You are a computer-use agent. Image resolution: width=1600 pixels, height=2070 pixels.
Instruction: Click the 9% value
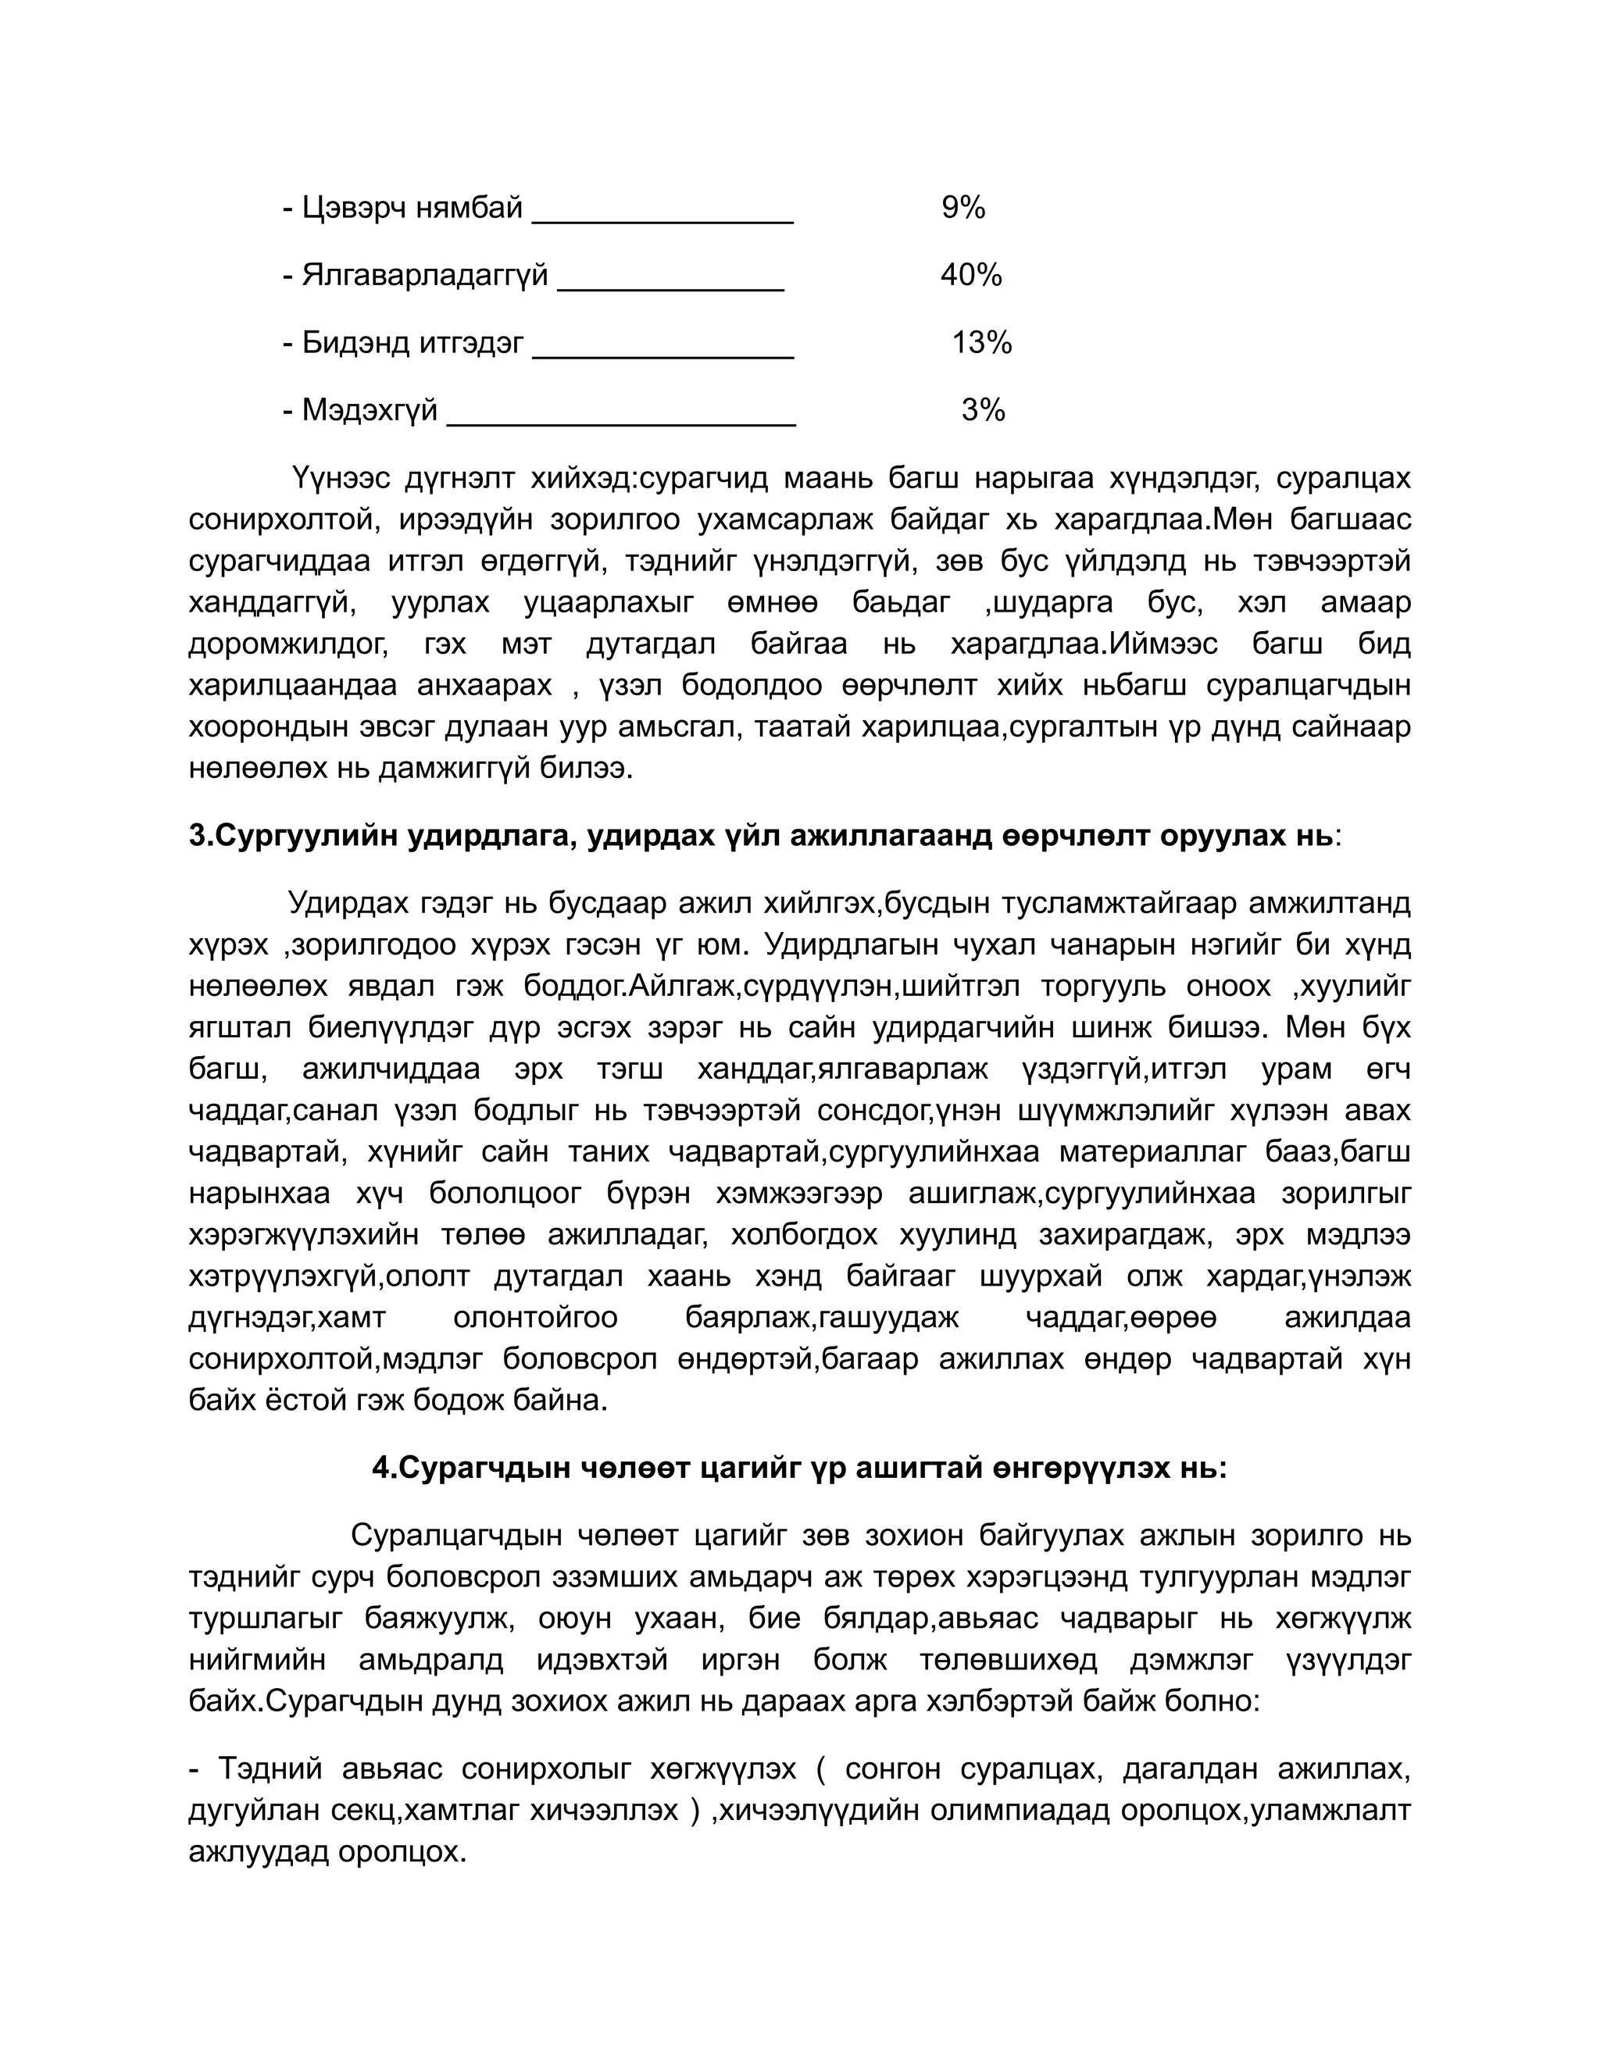tap(963, 208)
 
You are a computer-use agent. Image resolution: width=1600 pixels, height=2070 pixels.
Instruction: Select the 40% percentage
tap(970, 275)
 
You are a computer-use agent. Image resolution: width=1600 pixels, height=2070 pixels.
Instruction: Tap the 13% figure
tap(982, 342)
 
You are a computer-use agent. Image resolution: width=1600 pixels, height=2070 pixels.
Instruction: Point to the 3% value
tap(983, 409)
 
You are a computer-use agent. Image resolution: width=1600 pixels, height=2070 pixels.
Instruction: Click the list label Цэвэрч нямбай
tap(412, 208)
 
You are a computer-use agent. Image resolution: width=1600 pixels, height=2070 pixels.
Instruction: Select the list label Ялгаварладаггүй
tap(425, 275)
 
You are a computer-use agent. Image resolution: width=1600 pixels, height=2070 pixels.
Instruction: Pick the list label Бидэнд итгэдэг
tap(412, 342)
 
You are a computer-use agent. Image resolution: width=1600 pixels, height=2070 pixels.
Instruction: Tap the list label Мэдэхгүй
tap(370, 409)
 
